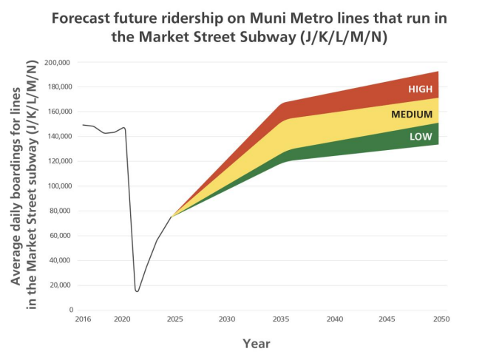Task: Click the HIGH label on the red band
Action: [419, 89]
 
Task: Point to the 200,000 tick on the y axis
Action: [58, 62]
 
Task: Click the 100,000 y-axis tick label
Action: [58, 186]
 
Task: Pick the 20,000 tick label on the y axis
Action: [59, 285]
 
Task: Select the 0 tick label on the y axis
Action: [70, 310]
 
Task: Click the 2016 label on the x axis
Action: [82, 319]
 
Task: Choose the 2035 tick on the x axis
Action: [281, 319]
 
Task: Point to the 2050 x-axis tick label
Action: [438, 319]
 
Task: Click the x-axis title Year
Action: [257, 344]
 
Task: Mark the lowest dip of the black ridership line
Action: [137, 291]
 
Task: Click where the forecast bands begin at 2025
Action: [172, 216]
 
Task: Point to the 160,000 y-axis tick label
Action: [58, 112]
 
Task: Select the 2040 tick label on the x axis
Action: [335, 319]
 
